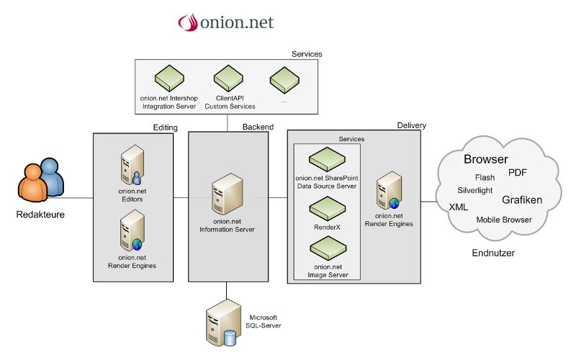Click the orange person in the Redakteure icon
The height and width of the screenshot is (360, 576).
tap(32, 186)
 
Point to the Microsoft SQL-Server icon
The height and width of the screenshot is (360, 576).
tap(222, 323)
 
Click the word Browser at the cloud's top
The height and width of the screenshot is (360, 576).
tap(485, 159)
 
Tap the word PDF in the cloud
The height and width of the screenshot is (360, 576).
tap(518, 173)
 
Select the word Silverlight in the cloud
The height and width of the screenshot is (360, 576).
tap(475, 191)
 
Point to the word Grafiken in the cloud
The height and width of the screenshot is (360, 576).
tap(521, 199)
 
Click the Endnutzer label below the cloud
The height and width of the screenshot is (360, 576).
tap(492, 253)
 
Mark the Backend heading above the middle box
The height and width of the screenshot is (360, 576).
tap(258, 127)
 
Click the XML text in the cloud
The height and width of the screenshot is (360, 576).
tap(458, 207)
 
